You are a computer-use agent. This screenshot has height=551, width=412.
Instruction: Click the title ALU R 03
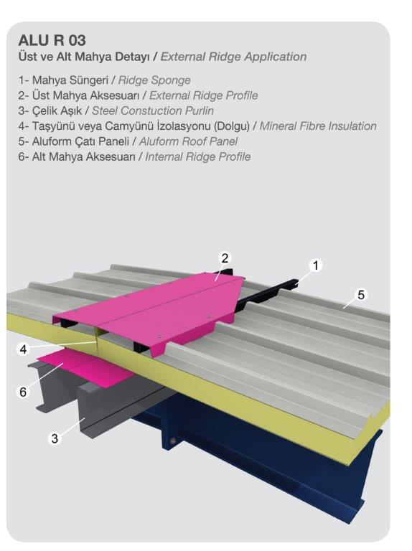click(52, 40)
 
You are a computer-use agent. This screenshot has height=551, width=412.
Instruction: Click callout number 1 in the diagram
click(315, 265)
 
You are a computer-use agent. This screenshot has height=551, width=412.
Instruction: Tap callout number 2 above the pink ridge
click(225, 258)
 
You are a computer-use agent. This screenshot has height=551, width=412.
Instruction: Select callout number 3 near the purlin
click(55, 438)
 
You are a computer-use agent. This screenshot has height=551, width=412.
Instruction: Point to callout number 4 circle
click(23, 349)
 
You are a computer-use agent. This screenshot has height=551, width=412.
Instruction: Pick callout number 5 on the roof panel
click(361, 294)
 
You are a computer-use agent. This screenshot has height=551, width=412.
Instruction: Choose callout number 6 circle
click(23, 392)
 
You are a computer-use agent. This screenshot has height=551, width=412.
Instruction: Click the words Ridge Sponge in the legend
click(154, 80)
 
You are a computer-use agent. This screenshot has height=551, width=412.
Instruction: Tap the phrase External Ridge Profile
click(204, 95)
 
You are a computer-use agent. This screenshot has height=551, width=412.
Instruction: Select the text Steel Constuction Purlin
click(153, 110)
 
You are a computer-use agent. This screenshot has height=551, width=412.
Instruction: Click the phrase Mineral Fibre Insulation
click(318, 126)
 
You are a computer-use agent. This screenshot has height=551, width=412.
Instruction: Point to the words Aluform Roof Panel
click(189, 141)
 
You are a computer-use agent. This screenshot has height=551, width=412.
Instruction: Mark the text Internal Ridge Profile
click(198, 156)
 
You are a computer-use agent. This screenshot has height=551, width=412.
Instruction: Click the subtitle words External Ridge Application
click(233, 57)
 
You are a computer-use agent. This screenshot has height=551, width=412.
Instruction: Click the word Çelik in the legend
click(45, 110)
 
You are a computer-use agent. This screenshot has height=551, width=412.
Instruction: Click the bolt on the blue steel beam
click(172, 441)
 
